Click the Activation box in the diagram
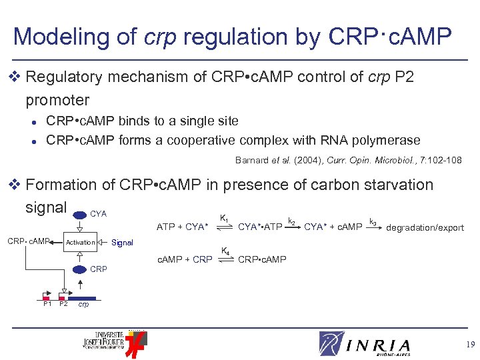[80, 243]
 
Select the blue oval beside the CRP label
[80, 269]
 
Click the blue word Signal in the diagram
[122, 243]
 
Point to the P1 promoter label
[47, 304]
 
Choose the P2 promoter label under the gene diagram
[63, 304]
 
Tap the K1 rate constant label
[225, 218]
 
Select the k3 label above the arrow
[373, 220]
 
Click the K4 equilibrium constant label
[225, 251]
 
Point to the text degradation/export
[425, 228]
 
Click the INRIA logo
[365, 344]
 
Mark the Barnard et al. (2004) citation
[348, 160]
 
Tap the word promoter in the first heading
[57, 100]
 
